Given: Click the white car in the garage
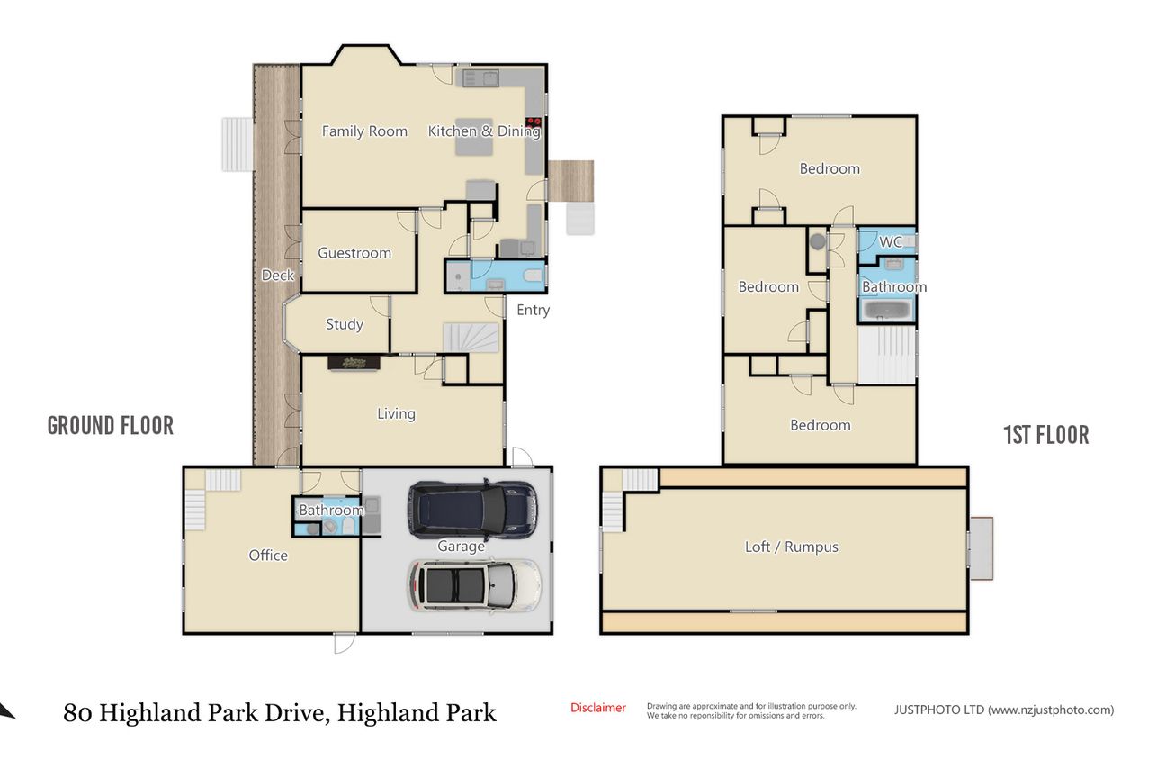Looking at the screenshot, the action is click(474, 585).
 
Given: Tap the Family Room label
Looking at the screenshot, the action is click(364, 131).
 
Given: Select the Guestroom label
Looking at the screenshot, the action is click(354, 253).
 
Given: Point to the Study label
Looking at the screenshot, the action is click(344, 324).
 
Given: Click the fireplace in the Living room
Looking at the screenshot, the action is click(354, 363).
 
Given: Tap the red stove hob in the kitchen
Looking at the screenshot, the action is click(533, 123).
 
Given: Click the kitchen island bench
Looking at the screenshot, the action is click(473, 137).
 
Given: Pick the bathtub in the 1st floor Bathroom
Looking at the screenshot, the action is click(887, 310).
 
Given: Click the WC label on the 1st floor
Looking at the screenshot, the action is click(890, 242).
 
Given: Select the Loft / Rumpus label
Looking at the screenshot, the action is click(791, 547).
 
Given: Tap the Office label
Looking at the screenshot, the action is click(268, 556).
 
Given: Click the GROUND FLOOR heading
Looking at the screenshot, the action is click(111, 426).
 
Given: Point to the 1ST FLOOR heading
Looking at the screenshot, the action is click(1045, 435).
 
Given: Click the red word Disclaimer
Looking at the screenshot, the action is click(598, 708).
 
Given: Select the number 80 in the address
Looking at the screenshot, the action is click(78, 713).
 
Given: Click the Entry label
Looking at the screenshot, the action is click(533, 310).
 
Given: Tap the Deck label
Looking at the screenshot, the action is click(277, 276).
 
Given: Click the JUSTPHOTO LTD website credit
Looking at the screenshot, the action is click(1004, 710).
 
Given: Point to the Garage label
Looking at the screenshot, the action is click(461, 546).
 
